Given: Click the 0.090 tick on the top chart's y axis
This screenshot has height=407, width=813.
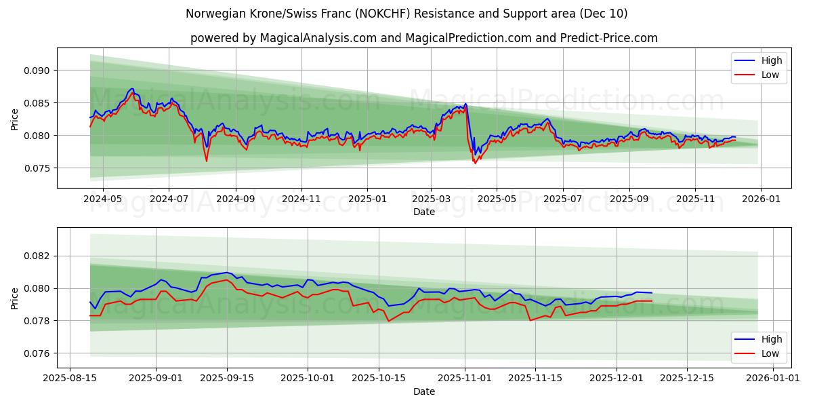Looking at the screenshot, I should (x=38, y=71).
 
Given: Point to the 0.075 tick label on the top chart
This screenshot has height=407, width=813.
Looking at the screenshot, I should (x=38, y=168).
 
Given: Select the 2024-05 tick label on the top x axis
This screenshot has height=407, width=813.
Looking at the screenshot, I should (x=102, y=199).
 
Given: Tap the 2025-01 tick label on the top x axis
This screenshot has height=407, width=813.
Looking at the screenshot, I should (x=367, y=199).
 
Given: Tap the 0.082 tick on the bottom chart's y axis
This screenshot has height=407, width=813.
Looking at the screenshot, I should (x=38, y=256).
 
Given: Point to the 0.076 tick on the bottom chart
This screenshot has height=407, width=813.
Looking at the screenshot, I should (x=38, y=353).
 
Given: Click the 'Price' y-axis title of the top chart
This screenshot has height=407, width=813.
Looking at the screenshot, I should (x=15, y=119).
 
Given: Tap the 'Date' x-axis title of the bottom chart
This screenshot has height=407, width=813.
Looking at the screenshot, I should (x=424, y=391).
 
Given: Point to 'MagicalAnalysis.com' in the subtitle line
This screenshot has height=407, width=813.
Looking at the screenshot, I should (x=318, y=38).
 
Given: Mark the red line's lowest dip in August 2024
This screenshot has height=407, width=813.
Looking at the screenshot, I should (x=207, y=161).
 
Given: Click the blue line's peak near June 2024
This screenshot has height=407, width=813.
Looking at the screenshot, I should (x=132, y=88).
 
